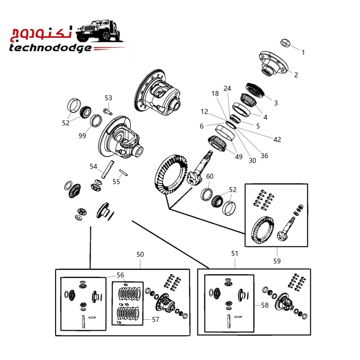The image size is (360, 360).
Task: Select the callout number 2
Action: click(296, 75)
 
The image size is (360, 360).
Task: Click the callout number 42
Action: click(277, 140)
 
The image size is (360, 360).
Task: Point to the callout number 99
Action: click(82, 136)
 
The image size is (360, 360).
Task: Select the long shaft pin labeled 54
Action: click(108, 169)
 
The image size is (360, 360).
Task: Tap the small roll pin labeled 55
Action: click(123, 172)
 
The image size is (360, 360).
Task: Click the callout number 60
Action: click(210, 176)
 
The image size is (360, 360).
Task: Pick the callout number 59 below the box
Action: click(277, 261)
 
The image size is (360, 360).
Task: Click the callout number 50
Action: click(140, 255)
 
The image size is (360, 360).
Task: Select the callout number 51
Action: click(235, 253)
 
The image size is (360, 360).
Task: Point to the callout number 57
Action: click(156, 319)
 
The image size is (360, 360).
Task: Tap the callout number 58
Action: click(265, 305)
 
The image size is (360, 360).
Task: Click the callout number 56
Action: click(120, 275)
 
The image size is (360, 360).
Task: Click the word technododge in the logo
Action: click(50, 48)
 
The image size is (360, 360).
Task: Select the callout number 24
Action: click(227, 89)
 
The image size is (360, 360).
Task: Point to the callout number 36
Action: click(264, 156)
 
